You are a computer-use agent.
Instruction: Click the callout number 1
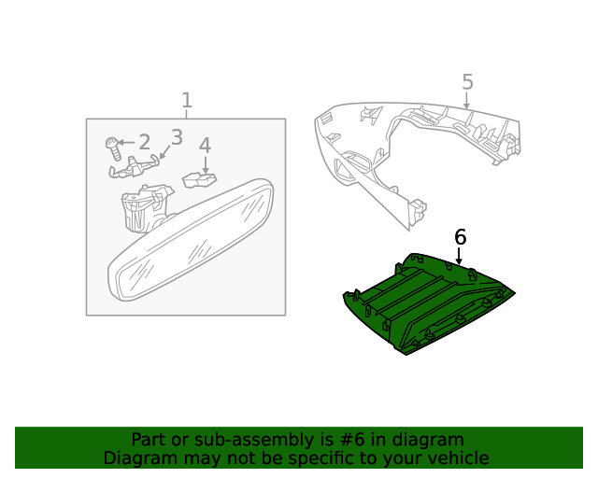[187, 100]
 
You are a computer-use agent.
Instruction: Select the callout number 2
[144, 142]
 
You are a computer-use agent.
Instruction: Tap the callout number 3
[176, 136]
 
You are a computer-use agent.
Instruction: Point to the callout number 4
[205, 146]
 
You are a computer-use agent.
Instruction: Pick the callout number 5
[467, 82]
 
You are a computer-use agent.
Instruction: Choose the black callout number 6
[460, 237]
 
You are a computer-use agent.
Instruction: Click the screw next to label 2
[113, 148]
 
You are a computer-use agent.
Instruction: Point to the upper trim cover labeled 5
[411, 149]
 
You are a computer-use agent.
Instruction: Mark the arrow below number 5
[466, 101]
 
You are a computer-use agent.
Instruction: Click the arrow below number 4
[205, 164]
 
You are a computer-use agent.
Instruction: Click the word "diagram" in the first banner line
[431, 440]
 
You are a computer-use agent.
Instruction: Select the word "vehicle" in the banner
[458, 458]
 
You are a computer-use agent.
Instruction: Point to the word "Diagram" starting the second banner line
[138, 458]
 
